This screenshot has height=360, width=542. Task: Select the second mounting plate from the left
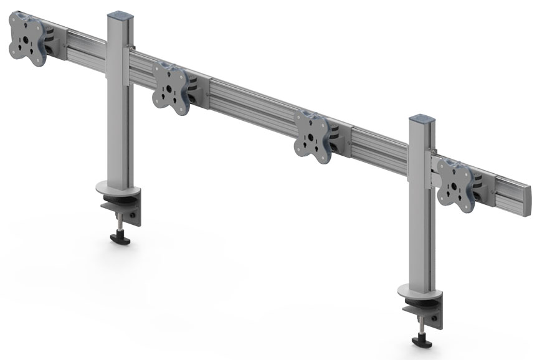[x=169, y=88]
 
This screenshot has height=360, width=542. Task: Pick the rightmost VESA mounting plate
[x=454, y=182]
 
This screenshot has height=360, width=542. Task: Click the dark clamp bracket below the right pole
[x=430, y=311]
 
